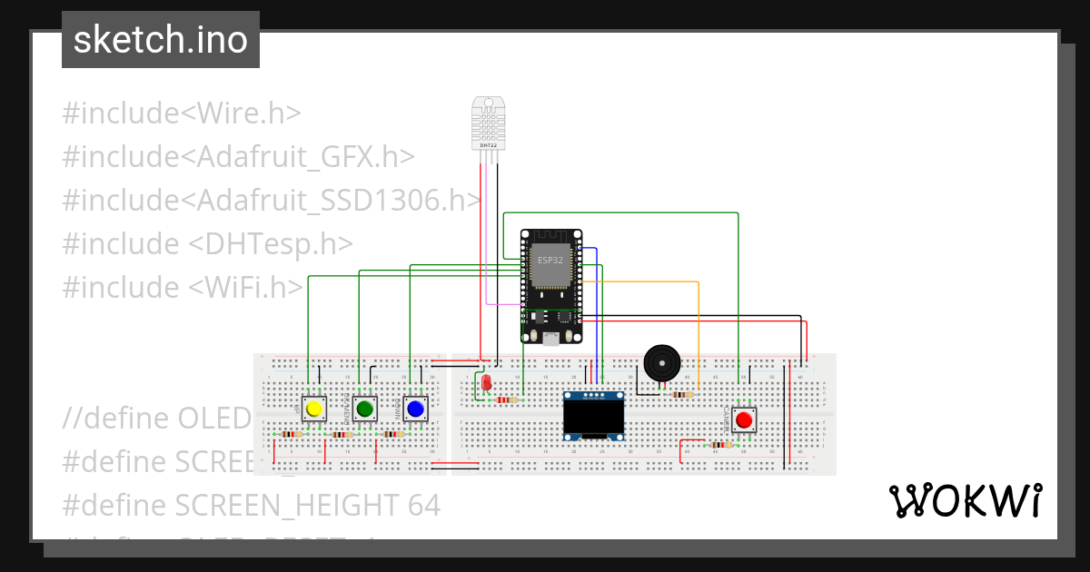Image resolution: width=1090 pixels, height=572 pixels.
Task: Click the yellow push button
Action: [314, 409]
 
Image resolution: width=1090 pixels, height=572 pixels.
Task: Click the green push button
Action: [365, 409]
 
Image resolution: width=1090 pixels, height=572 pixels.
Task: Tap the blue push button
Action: [415, 409]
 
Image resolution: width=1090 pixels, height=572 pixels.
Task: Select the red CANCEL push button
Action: [744, 419]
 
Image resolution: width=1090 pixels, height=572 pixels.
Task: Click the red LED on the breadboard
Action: [486, 383]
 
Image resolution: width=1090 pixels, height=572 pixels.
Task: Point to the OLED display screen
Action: [594, 418]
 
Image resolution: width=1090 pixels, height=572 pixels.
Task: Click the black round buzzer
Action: [661, 363]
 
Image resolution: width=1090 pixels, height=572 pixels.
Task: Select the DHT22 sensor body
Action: [488, 123]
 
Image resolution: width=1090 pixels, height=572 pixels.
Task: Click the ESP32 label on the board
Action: [550, 260]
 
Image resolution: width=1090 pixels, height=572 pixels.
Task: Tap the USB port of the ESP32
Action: [550, 340]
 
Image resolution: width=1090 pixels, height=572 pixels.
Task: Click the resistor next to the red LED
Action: [509, 399]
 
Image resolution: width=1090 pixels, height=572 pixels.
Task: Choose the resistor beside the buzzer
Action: [681, 394]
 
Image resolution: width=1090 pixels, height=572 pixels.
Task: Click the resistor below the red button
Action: [721, 445]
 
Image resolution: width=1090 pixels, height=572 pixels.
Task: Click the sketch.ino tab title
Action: [161, 40]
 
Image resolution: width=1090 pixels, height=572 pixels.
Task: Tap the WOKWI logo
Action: [965, 500]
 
